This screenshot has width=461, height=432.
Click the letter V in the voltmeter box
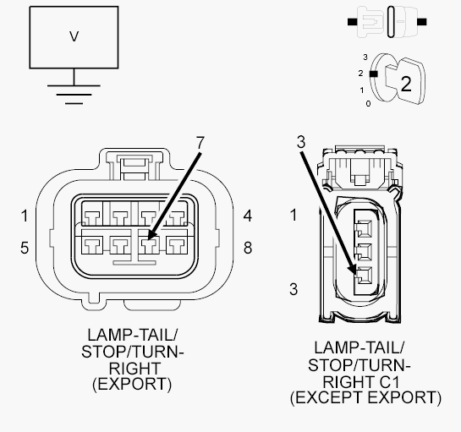(74, 36)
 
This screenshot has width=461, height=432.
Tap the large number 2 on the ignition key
(406, 84)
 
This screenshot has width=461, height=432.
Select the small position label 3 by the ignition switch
(365, 57)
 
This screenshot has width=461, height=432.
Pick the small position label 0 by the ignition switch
(369, 103)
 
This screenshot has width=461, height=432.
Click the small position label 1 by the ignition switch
(362, 90)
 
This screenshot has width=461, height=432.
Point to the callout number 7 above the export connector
(200, 143)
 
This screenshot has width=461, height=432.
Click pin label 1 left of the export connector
(25, 216)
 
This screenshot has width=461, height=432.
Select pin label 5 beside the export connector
(25, 248)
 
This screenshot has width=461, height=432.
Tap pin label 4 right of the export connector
(248, 216)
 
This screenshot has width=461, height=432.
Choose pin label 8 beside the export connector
(248, 248)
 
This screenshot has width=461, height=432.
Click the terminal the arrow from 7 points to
(149, 245)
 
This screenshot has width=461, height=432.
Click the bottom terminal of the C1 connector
(364, 276)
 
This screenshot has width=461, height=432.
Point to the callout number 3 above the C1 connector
(301, 142)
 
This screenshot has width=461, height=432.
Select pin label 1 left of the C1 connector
(294, 215)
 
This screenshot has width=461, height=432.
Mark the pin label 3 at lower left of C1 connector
(294, 289)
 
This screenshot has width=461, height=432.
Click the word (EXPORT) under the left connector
(132, 384)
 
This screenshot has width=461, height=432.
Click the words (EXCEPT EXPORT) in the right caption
(365, 398)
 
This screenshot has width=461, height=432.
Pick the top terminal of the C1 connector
(364, 228)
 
